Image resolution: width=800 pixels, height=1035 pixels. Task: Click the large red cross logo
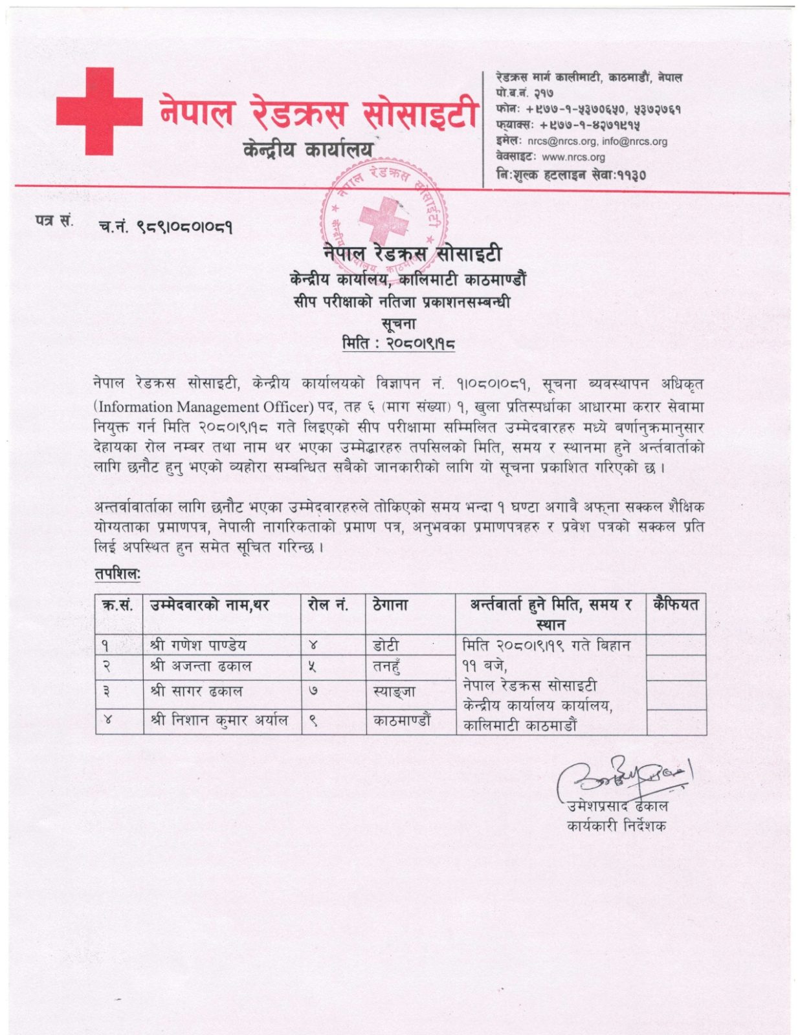click(99, 111)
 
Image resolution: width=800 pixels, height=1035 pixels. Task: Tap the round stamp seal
click(384, 217)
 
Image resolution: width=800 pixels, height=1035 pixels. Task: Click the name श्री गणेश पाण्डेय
click(197, 645)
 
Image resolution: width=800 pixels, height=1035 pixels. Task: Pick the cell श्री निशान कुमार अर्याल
click(219, 720)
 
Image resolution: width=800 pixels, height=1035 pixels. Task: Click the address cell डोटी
click(386, 645)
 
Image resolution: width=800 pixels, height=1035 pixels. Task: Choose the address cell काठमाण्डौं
click(402, 720)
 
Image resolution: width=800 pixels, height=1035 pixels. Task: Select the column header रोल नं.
click(328, 605)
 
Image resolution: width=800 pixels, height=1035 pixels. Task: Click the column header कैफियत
click(676, 605)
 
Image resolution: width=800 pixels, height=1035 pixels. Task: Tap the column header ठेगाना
click(390, 605)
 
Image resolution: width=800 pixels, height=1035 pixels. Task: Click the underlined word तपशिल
click(117, 574)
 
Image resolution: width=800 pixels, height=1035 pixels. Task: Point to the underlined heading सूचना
click(398, 323)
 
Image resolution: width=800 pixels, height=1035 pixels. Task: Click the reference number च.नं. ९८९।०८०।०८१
click(166, 226)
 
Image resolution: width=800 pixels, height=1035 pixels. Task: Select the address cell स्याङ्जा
click(394, 692)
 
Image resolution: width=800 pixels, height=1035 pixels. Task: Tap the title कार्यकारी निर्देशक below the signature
click(616, 826)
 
